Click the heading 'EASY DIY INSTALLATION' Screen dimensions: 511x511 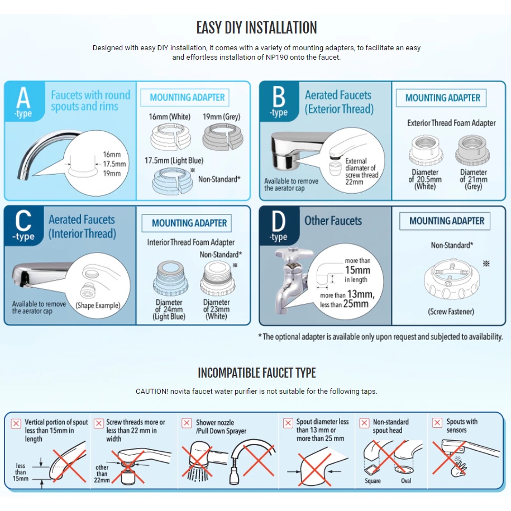click(x=256, y=27)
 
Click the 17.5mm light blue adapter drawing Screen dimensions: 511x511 click(x=172, y=182)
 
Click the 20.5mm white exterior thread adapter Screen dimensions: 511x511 click(x=426, y=151)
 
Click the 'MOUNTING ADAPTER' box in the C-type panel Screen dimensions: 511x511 click(x=189, y=223)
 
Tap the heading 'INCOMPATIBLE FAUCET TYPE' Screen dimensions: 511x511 click(x=256, y=372)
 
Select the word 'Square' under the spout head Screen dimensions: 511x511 click(x=372, y=480)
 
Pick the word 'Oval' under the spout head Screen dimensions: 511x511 click(x=407, y=480)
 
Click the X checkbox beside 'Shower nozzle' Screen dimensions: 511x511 click(x=187, y=423)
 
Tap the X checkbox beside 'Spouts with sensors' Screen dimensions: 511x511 click(x=437, y=423)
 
